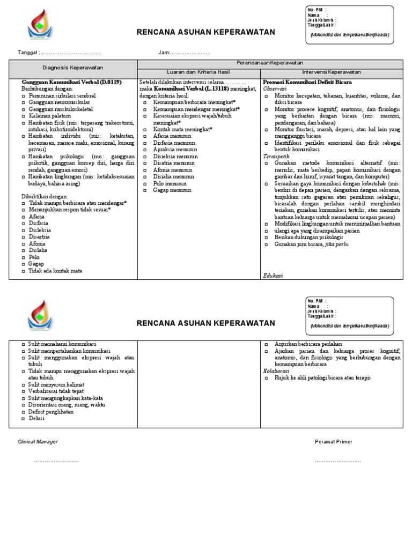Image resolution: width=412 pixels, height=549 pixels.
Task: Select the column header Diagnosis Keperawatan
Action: [x=73, y=68]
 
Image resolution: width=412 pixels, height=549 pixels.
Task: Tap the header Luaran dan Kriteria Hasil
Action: [x=198, y=72]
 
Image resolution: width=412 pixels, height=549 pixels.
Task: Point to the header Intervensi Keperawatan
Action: [x=331, y=72]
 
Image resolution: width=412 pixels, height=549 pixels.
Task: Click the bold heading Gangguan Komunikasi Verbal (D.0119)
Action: [x=71, y=82]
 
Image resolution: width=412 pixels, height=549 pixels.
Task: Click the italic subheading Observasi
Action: [x=275, y=89]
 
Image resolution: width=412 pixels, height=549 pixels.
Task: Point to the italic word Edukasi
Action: [x=273, y=275]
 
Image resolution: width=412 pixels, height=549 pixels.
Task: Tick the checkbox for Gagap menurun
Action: [x=145, y=190]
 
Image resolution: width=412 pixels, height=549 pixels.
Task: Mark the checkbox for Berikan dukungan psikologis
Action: [x=267, y=237]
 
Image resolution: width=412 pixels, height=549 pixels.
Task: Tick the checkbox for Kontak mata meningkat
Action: [x=145, y=129]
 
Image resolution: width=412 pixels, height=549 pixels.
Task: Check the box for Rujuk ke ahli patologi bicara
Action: [x=267, y=378]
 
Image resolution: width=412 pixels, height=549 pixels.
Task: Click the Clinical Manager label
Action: [x=38, y=442]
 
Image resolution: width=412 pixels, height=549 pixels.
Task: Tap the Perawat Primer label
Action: [x=333, y=442]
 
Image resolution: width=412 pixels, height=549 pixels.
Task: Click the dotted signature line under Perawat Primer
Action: [x=337, y=461]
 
